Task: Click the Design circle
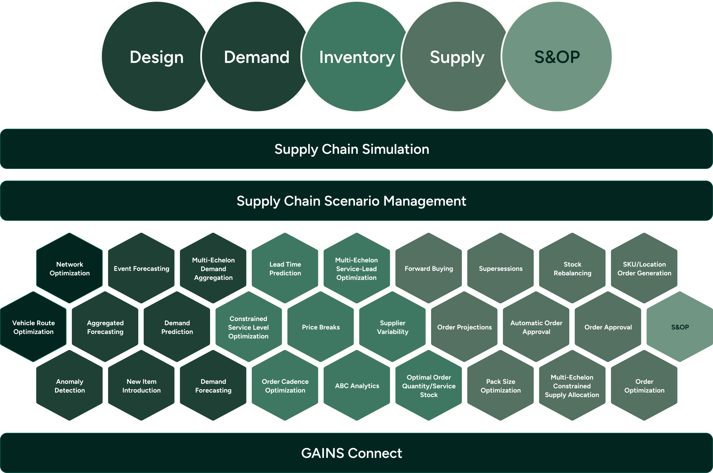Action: coord(156,57)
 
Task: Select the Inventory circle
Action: coord(357,57)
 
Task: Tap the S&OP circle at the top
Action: coord(557,57)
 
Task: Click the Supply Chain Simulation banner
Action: coord(356,149)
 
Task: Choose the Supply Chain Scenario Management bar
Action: coord(356,201)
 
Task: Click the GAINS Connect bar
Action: coord(356,453)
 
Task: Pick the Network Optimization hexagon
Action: coord(70,268)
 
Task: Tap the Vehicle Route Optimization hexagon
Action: coord(33,327)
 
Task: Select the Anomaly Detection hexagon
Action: coord(70,385)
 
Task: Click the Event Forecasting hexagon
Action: coord(141,268)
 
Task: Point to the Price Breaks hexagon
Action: coord(321,327)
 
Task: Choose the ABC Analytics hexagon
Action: coord(357,385)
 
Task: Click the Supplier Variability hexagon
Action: coord(392,327)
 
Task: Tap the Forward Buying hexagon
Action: coord(428,268)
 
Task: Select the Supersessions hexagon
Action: coord(501,268)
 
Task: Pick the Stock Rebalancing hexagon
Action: coord(572,268)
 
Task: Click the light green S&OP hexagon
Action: coord(680,327)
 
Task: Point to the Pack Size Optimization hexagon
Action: coord(501,385)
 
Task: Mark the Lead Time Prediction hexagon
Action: coord(285,268)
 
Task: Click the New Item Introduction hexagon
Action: coord(141,385)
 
